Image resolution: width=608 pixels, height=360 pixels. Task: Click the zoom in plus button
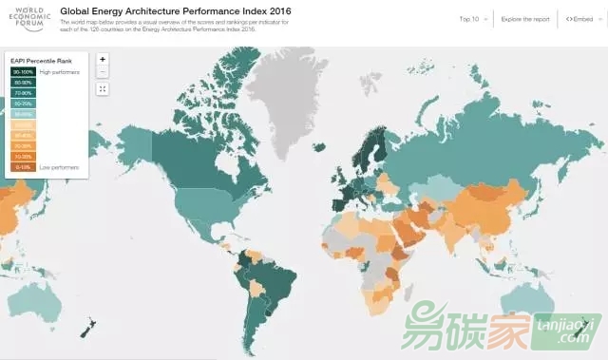pyautogui.click(x=103, y=59)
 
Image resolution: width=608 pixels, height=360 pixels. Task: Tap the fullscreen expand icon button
pyautogui.click(x=103, y=88)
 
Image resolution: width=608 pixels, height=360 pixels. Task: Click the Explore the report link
pyautogui.click(x=524, y=18)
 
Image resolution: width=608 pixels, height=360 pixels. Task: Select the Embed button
pyautogui.click(x=580, y=18)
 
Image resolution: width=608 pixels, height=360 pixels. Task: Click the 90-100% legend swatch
pyautogui.click(x=22, y=72)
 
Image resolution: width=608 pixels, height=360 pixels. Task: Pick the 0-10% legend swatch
pyautogui.click(x=22, y=166)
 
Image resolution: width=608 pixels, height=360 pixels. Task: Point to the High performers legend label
pyautogui.click(x=60, y=72)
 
